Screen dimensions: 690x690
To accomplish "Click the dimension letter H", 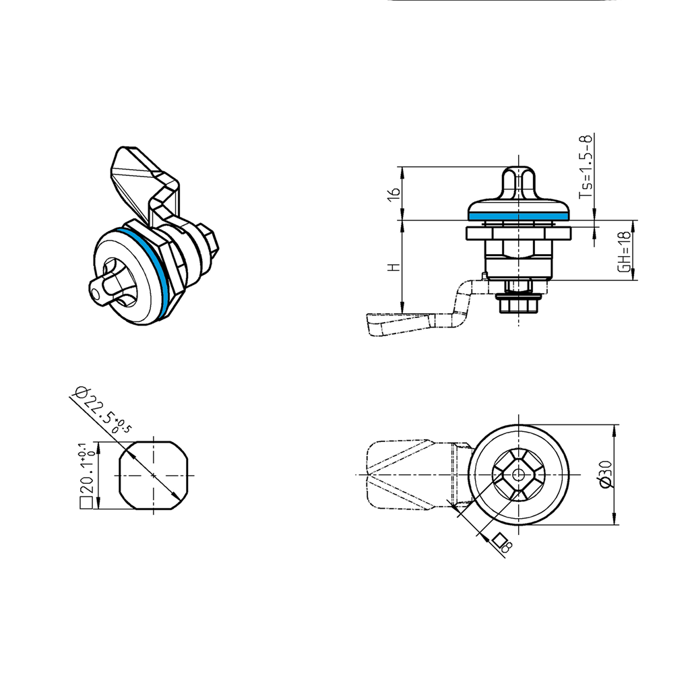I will (x=395, y=267).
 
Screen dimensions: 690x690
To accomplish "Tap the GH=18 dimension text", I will (x=625, y=251).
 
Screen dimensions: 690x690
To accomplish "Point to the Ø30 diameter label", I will (x=604, y=474).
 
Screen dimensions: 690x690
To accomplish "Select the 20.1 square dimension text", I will (x=86, y=474).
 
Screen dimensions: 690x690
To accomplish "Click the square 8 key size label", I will (x=502, y=543).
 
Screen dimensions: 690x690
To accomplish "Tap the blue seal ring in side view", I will (x=517, y=217).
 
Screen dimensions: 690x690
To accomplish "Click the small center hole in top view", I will (x=517, y=474).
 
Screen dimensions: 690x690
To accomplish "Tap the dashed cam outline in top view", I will (x=398, y=475).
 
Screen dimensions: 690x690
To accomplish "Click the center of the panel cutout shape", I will (x=154, y=476).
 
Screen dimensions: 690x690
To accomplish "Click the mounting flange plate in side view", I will (x=517, y=233).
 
